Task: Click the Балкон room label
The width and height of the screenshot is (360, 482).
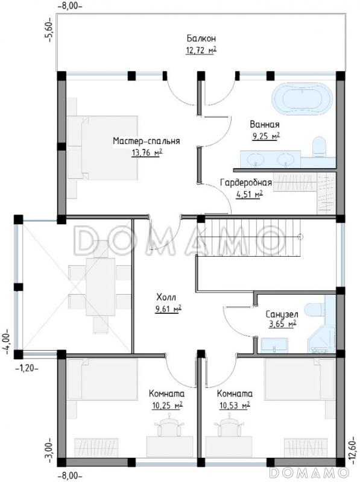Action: (x=201, y=39)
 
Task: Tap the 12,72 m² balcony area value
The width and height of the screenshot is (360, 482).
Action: (x=201, y=50)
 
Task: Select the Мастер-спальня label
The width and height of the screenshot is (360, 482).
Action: (x=147, y=141)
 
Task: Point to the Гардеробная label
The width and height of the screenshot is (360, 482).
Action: (x=246, y=183)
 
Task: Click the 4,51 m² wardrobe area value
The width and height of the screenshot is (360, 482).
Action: (x=249, y=194)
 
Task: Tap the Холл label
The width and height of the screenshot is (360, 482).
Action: (x=166, y=298)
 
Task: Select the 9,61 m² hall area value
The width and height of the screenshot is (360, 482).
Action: (x=168, y=309)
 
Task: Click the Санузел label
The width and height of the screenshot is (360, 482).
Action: (x=282, y=315)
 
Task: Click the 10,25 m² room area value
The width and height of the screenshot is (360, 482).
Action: (x=168, y=405)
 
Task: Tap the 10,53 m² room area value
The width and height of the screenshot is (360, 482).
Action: (x=235, y=405)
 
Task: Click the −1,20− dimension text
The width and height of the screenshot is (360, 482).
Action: (x=27, y=368)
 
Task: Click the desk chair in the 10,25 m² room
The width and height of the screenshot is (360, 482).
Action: (x=168, y=425)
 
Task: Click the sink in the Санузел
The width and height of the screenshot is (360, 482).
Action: (x=274, y=345)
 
